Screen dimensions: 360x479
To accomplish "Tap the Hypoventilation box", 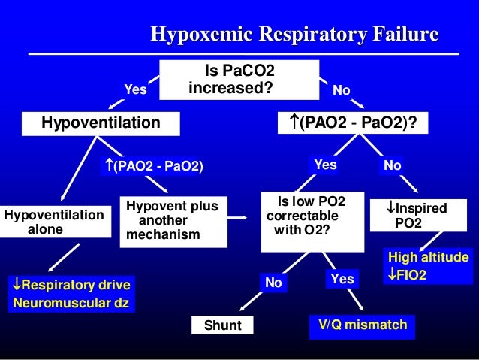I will pos(100,122).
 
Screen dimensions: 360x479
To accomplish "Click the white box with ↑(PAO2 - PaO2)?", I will pos(353,122).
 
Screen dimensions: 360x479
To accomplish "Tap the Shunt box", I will pos(222,325).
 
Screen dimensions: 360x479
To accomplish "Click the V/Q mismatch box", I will pos(363,325).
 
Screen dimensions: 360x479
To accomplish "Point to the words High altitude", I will pos(428,258).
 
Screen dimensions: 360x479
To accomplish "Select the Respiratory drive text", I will pos(72,285).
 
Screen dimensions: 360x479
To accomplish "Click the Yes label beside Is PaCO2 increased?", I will pos(135,89).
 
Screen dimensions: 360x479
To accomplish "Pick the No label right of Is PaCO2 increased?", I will pos(342,89).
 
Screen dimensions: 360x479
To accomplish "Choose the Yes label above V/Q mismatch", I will pos(342,279).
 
